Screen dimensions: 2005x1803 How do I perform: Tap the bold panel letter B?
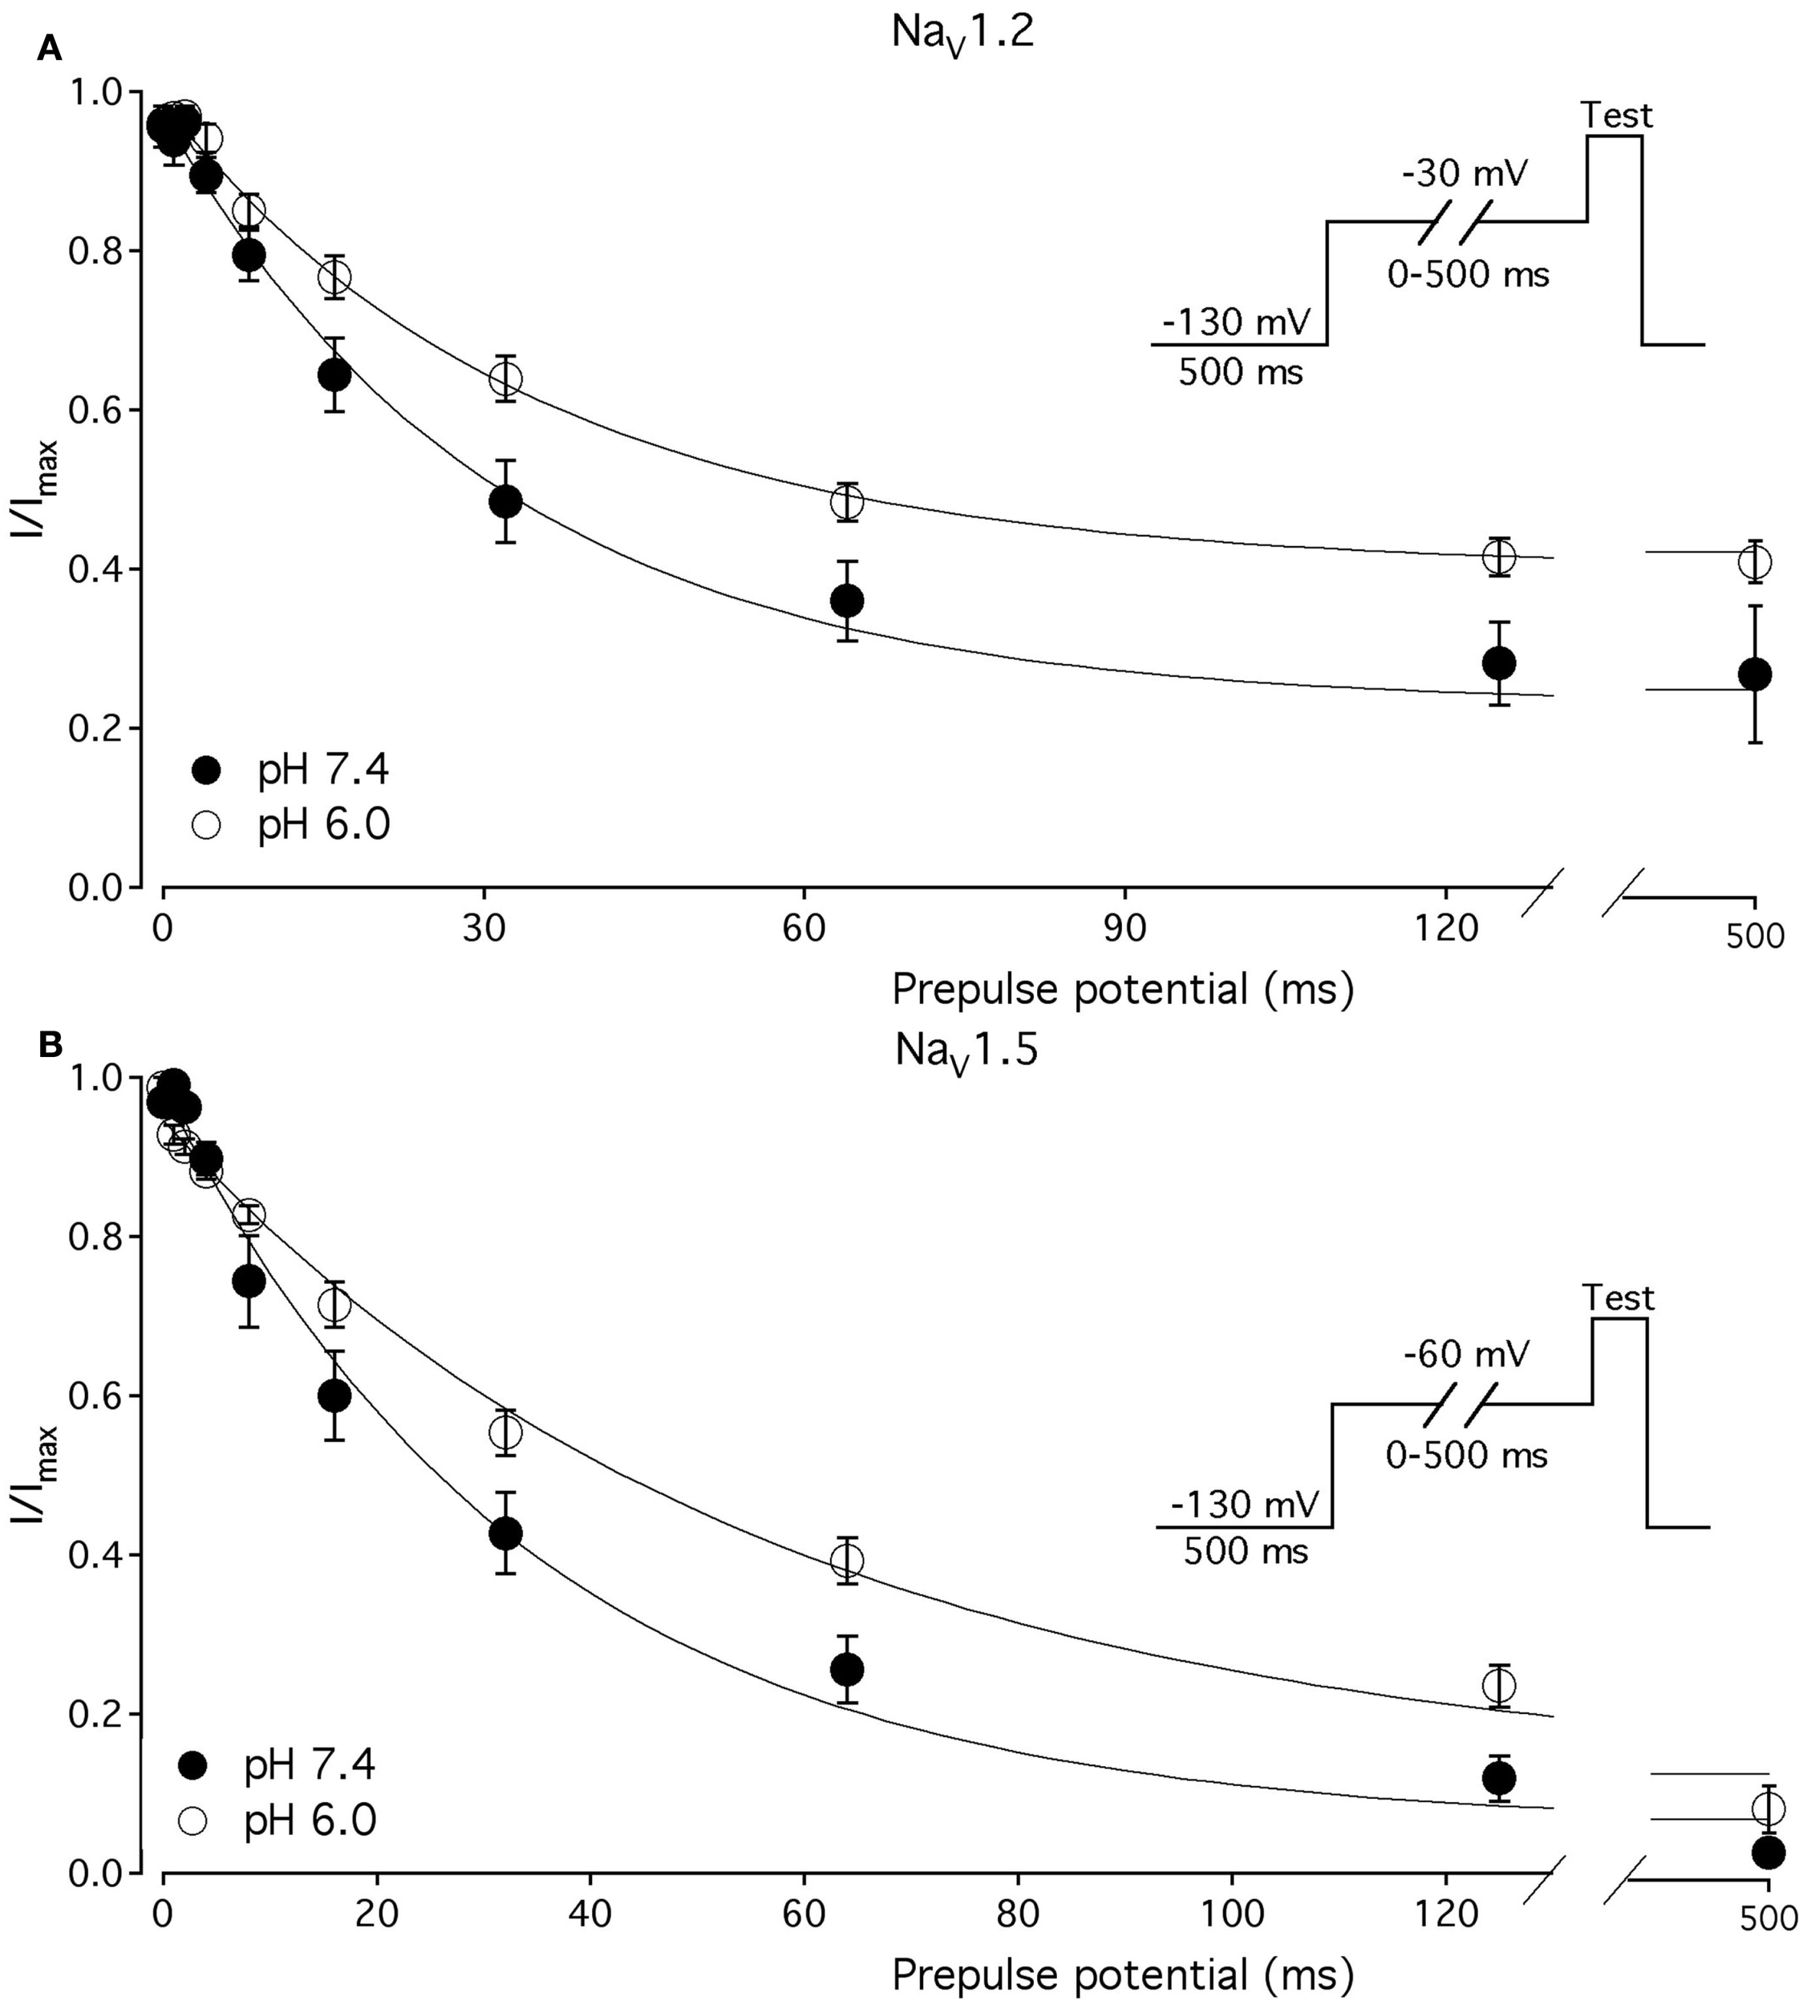pos(50,1046)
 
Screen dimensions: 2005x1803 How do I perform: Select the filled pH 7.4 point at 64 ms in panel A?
pos(846,601)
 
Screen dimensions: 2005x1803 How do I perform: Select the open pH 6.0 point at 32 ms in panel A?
pos(505,379)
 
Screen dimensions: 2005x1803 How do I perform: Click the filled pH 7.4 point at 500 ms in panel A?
pos(1754,674)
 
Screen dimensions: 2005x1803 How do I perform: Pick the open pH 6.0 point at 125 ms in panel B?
pos(1499,1685)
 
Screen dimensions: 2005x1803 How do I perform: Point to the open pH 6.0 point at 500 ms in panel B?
pos(1769,1808)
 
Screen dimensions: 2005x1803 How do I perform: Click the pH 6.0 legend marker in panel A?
pos(207,825)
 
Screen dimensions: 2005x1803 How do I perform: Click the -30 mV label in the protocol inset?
pos(1465,174)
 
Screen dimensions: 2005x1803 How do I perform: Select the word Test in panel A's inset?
pos(1616,116)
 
